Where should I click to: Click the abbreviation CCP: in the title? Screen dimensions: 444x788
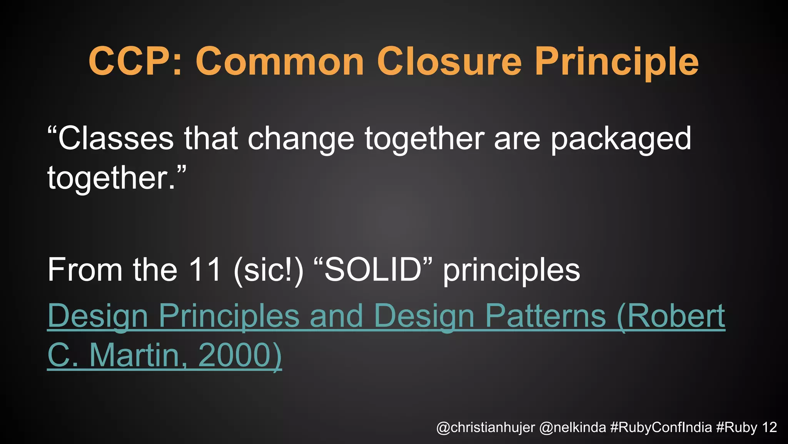coord(135,62)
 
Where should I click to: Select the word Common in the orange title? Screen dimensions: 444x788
coord(280,62)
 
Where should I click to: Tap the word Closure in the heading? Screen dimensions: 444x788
coord(449,62)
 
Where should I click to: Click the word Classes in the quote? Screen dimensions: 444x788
coord(115,139)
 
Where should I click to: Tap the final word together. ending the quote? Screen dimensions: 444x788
coord(112,178)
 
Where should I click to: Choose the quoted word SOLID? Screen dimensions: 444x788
coord(373,270)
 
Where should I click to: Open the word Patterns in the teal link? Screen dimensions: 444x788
coord(545,316)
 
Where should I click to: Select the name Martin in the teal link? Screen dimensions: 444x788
coord(135,355)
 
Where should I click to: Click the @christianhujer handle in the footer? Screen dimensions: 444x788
coord(486,427)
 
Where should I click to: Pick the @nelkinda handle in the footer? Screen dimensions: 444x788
coord(573,427)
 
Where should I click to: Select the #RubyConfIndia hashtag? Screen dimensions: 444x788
coord(661,427)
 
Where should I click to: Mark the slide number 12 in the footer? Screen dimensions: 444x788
coord(770,427)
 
